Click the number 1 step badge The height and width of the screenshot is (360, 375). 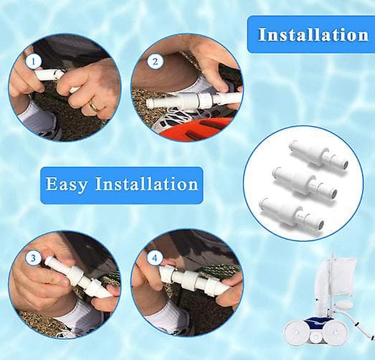point(33,62)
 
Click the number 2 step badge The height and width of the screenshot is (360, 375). point(155,62)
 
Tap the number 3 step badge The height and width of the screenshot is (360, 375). point(33,258)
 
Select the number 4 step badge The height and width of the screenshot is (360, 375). point(155,258)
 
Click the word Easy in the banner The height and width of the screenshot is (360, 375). point(67,185)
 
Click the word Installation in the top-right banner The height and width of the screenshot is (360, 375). point(313,35)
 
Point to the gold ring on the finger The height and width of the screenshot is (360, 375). point(94,106)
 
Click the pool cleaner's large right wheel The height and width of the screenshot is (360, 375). point(336,331)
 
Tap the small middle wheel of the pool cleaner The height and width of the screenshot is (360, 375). point(315,338)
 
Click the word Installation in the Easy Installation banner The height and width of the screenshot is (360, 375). point(146,184)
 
